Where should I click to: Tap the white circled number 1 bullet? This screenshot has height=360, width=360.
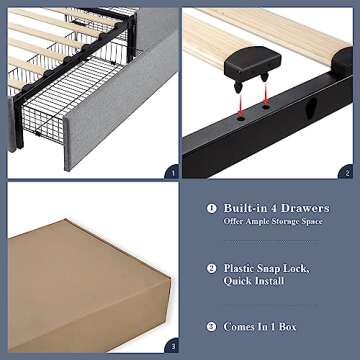[x=212, y=209]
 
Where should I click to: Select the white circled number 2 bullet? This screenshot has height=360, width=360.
[x=212, y=268]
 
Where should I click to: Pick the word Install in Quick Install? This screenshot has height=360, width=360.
[x=287, y=283]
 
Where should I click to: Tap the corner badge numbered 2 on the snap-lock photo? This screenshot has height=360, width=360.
[x=347, y=171]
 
